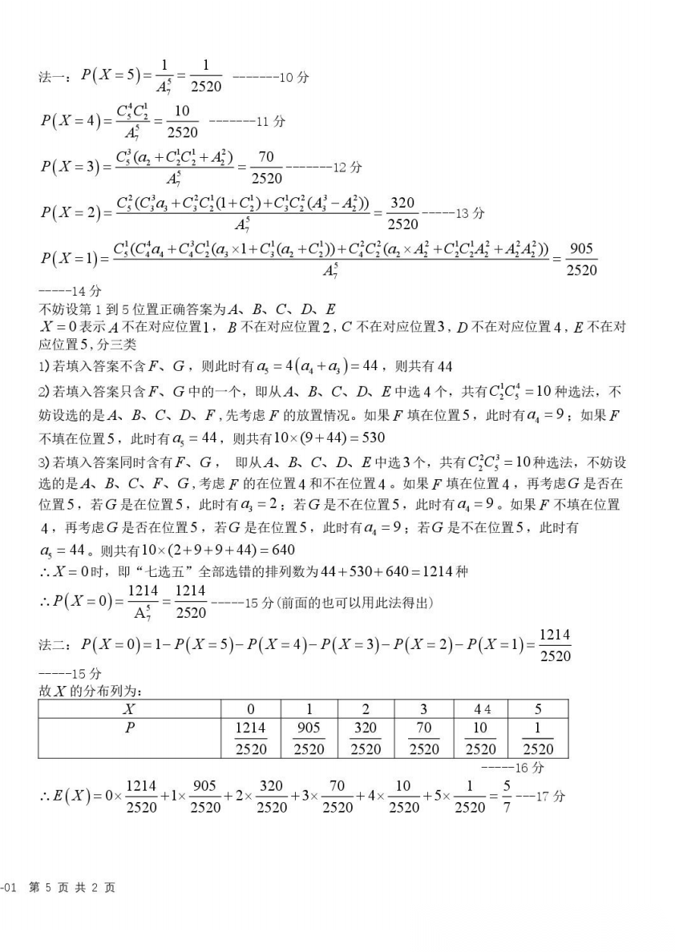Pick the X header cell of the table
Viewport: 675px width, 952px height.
pos(129,708)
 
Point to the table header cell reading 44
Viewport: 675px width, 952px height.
pos(481,708)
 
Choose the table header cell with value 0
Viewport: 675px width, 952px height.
pos(250,708)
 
